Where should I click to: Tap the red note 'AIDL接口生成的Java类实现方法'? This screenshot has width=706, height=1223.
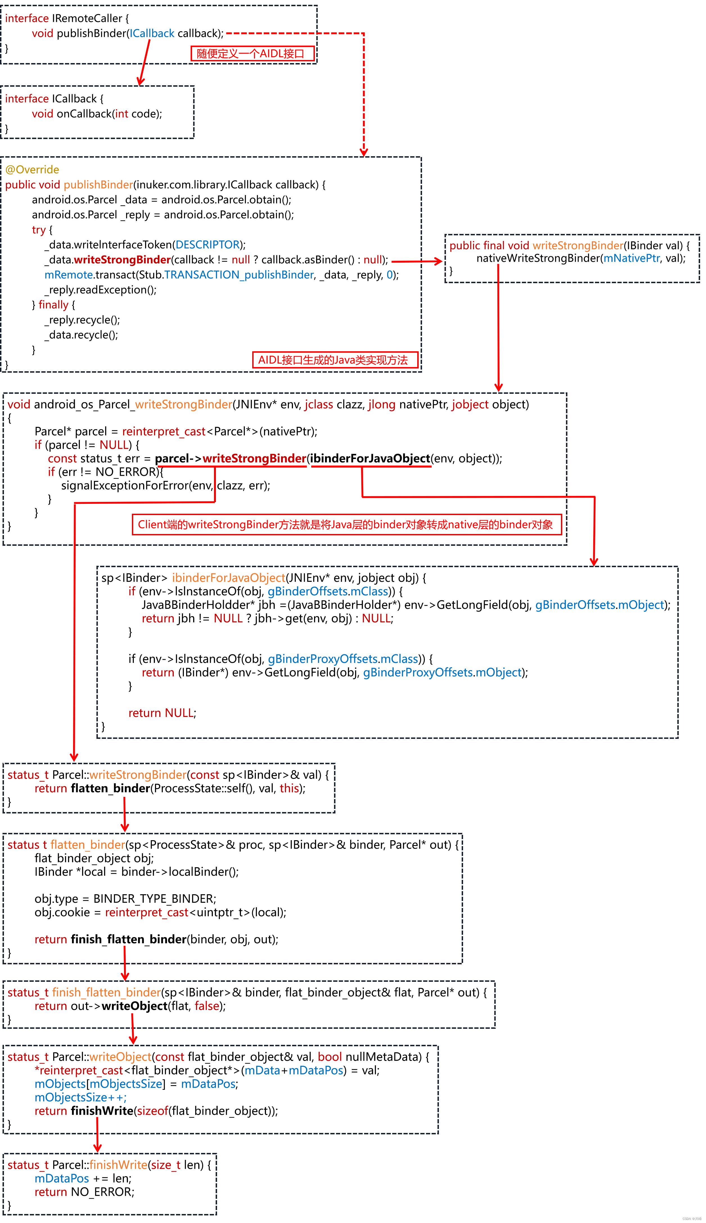point(335,360)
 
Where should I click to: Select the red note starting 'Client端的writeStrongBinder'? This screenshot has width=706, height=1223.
point(346,525)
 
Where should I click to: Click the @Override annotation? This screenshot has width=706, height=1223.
point(32,170)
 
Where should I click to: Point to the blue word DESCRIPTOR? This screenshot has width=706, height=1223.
point(207,245)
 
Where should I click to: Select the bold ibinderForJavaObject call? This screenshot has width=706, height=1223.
point(371,459)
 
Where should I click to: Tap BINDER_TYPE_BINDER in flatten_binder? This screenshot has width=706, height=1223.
point(154,898)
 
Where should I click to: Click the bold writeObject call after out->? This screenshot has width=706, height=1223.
point(134,1006)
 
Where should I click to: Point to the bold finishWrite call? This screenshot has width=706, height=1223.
point(102,1111)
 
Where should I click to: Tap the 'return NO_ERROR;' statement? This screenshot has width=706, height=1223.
point(84,1192)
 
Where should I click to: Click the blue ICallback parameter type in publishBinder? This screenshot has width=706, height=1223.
point(152,33)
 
